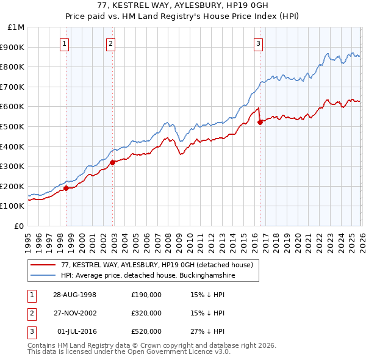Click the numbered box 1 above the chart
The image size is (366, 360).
pos(65,43)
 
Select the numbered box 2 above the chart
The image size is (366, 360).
pos(110,43)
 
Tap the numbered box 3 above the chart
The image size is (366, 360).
pos(258,43)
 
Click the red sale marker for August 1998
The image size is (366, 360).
pos(66,188)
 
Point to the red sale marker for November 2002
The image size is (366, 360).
pos(113,162)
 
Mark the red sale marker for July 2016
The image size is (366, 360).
pos(260,122)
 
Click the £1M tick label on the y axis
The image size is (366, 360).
pos(16,27)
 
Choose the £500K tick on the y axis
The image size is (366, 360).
pos(14,126)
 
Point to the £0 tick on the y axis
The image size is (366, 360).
pos(20,226)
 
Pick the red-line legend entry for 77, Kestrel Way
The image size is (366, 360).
pos(158,265)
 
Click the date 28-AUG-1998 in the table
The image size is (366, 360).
pos(75,295)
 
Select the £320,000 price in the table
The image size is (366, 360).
pos(146,313)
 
